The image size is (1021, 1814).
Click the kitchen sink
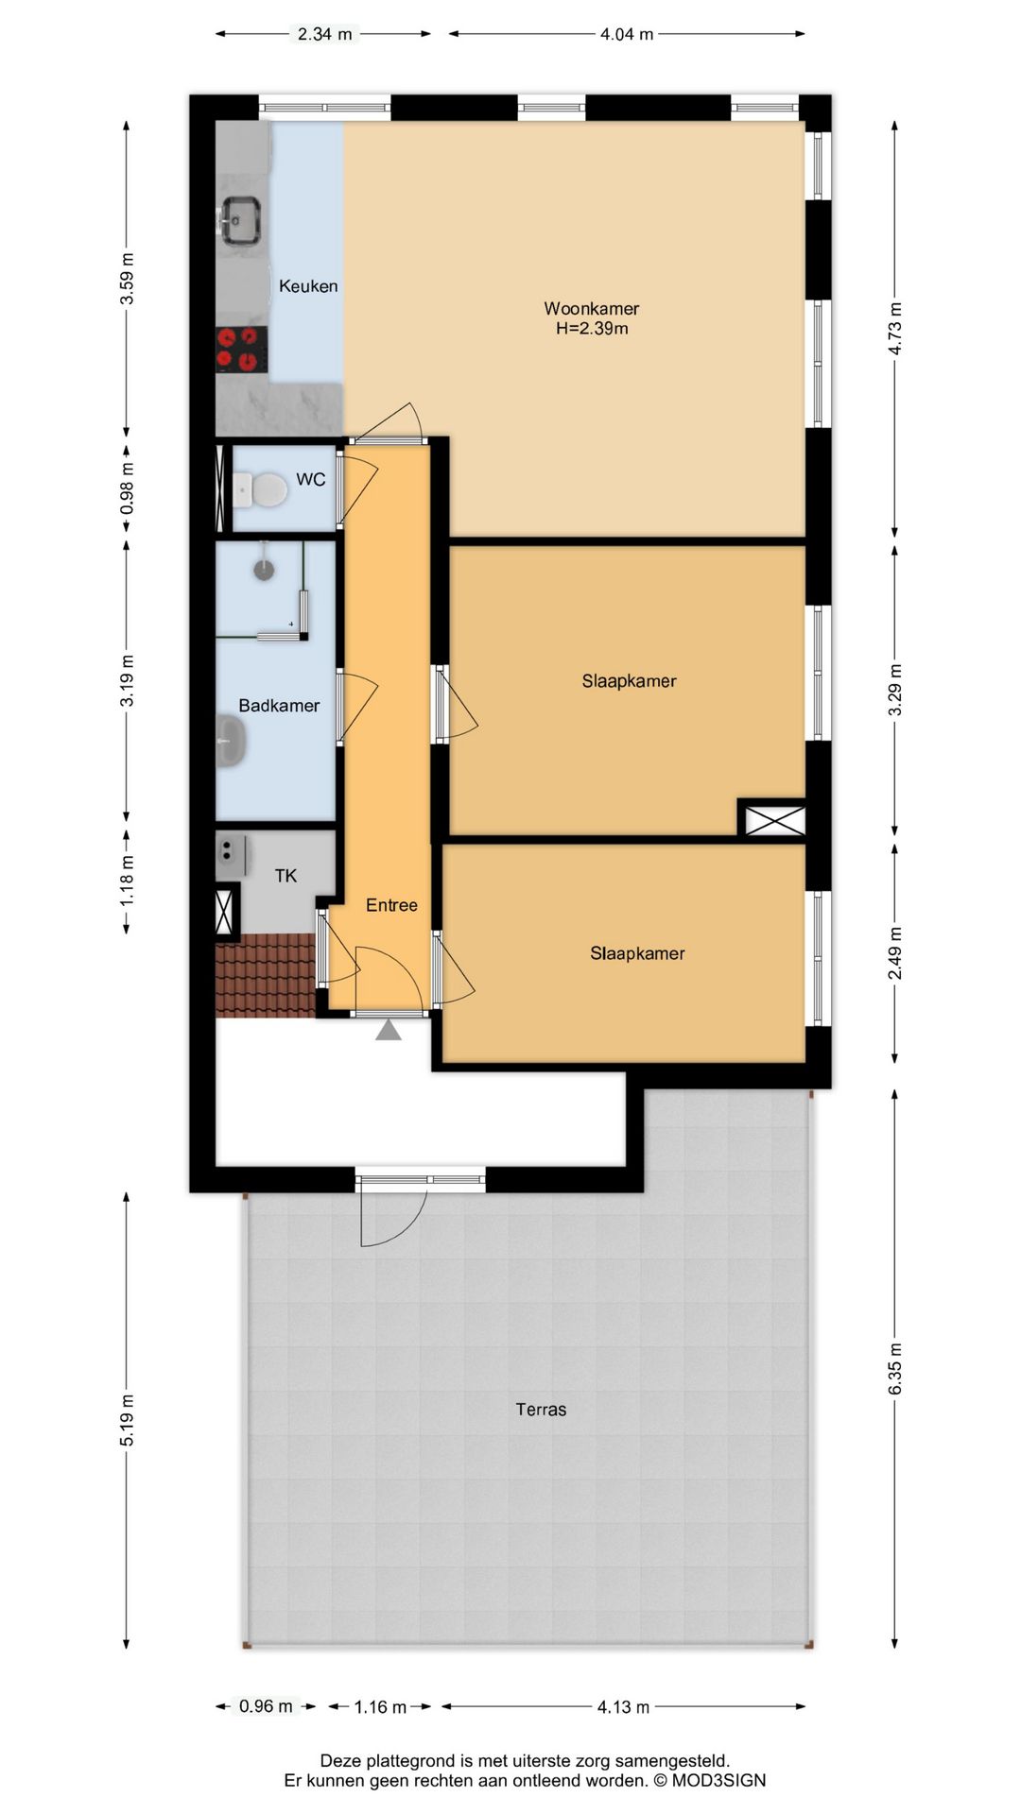point(239,219)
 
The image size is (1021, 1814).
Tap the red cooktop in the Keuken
point(241,348)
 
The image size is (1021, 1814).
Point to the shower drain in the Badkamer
point(265,569)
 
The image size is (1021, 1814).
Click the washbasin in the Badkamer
point(231,740)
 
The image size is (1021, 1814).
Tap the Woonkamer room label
point(592,308)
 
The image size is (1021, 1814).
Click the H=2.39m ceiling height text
point(592,329)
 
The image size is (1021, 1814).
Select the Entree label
point(391,905)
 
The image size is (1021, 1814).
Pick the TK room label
point(286,876)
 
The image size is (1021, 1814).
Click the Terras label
point(541,1410)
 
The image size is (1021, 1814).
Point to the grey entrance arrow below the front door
point(389,1029)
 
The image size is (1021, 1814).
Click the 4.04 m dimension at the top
point(627,34)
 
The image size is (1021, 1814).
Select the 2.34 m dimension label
point(324,34)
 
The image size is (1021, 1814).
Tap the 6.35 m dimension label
point(895,1368)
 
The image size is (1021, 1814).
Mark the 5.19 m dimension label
point(127,1419)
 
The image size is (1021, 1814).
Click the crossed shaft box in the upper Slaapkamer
point(775,818)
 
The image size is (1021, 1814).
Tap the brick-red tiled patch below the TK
point(266,975)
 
